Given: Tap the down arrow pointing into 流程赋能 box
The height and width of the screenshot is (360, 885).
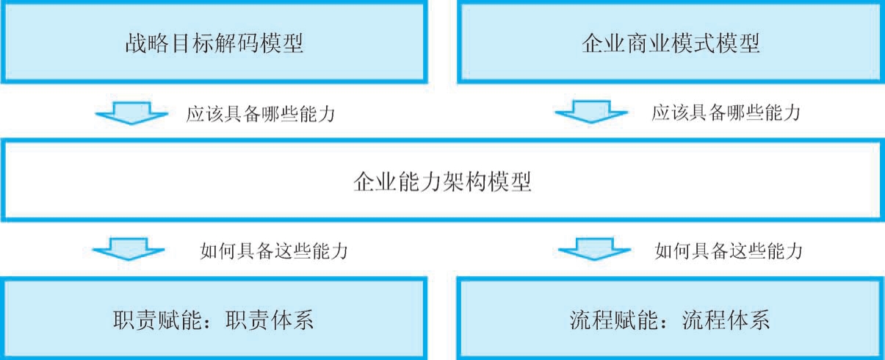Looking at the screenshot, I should [590, 250].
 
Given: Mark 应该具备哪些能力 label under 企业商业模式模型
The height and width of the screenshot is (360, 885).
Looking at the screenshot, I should [726, 114].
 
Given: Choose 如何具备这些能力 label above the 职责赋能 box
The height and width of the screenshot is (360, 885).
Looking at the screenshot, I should [273, 251].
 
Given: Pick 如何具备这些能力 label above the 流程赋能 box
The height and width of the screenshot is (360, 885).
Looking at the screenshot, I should [729, 251].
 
